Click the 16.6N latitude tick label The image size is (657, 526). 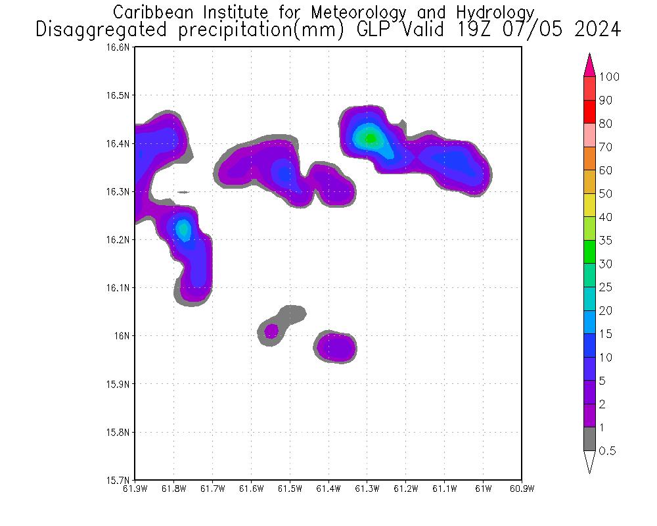coord(120,48)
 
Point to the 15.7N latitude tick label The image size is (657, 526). coord(120,480)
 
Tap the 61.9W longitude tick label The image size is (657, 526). coord(135,489)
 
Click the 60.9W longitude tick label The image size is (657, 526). coord(522,489)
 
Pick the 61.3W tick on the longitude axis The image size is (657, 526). coord(367,489)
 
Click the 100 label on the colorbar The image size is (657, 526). coord(609,77)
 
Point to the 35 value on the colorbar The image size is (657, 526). coord(605,241)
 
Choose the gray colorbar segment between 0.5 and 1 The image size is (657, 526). coord(589,439)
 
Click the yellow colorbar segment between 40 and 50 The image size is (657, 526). coord(589,205)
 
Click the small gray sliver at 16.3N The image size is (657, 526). coord(183,192)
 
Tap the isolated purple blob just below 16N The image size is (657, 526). coord(337,347)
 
